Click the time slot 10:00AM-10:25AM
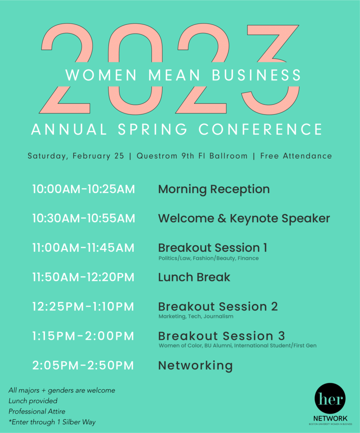(x=83, y=189)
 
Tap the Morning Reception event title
(x=214, y=190)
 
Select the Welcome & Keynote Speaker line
(x=244, y=219)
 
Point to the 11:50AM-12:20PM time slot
(x=83, y=277)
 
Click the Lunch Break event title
(x=194, y=277)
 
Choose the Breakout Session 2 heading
(x=218, y=306)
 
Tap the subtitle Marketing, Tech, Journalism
(x=196, y=317)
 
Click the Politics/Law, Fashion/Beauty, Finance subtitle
(x=209, y=259)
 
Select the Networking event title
(x=196, y=366)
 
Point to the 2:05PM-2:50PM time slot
(x=83, y=365)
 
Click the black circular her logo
(x=330, y=398)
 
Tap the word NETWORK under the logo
(x=330, y=418)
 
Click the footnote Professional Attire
(x=37, y=412)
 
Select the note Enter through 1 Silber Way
(x=52, y=422)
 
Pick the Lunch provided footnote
(x=33, y=401)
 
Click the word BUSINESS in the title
(x=257, y=75)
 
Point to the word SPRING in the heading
(x=153, y=129)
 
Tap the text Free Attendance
(x=296, y=156)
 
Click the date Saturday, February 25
(x=76, y=156)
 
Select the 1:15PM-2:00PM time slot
(x=83, y=336)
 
